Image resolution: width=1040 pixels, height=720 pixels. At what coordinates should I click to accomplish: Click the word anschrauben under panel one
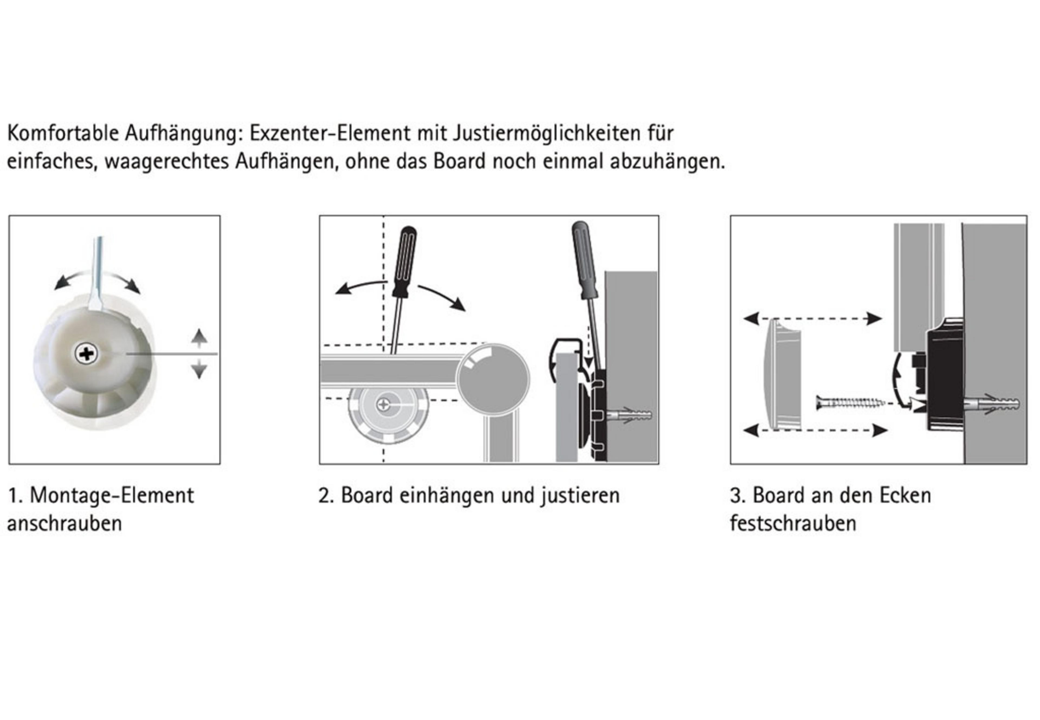tap(64, 524)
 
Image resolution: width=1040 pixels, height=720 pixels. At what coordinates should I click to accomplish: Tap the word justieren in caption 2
tap(580, 496)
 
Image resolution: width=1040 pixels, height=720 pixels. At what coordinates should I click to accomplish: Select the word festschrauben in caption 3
tap(793, 523)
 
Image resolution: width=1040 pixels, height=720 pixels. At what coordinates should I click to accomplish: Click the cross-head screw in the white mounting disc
tap(86, 354)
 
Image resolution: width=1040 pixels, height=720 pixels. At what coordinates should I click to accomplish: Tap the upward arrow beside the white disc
tap(199, 337)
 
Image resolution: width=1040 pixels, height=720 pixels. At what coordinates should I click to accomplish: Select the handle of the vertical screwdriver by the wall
tap(585, 260)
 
